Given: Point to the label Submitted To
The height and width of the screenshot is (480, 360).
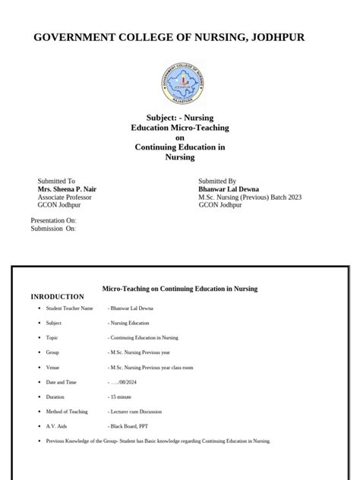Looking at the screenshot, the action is (x=57, y=182).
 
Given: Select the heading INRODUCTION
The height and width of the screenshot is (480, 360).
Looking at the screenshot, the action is (x=57, y=297).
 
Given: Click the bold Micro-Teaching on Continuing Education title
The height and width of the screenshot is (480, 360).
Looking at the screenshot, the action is (x=180, y=289).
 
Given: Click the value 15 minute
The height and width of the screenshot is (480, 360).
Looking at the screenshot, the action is (x=122, y=396).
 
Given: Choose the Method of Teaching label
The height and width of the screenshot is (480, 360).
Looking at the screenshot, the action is (x=67, y=412).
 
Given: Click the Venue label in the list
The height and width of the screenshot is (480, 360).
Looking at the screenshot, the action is (x=54, y=368).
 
